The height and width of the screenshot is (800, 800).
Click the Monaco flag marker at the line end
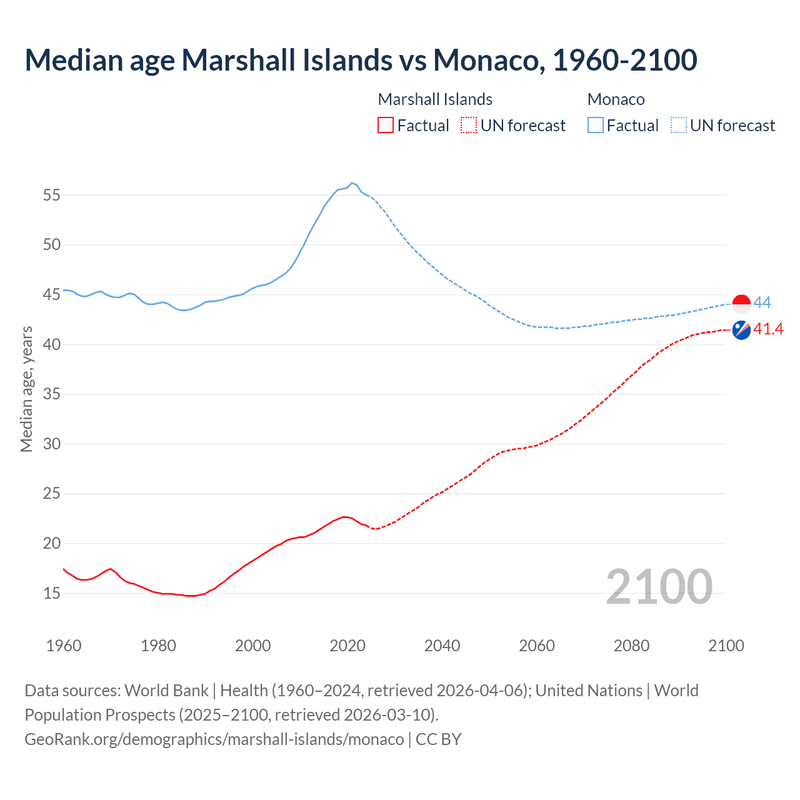click(741, 304)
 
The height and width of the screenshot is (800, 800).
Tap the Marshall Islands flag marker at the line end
click(741, 330)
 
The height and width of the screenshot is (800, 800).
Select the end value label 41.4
click(768, 329)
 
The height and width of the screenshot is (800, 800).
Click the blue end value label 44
click(762, 303)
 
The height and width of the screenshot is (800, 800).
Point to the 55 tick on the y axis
click(52, 195)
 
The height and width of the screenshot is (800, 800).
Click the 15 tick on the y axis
click(52, 593)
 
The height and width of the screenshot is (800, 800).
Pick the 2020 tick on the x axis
click(347, 646)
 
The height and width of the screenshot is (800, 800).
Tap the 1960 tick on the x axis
click(64, 646)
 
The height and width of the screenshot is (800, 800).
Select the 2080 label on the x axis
click(631, 646)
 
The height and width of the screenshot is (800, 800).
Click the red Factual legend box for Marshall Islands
click(386, 126)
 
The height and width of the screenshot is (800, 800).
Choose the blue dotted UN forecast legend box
click(679, 126)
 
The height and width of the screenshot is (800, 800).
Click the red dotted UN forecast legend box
click(469, 126)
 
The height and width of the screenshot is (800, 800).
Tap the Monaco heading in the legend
click(616, 99)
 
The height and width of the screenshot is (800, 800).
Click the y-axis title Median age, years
click(26, 389)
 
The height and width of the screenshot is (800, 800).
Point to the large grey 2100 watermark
click(659, 587)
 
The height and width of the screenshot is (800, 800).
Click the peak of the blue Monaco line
click(352, 183)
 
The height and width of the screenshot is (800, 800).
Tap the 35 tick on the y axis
click(52, 394)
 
